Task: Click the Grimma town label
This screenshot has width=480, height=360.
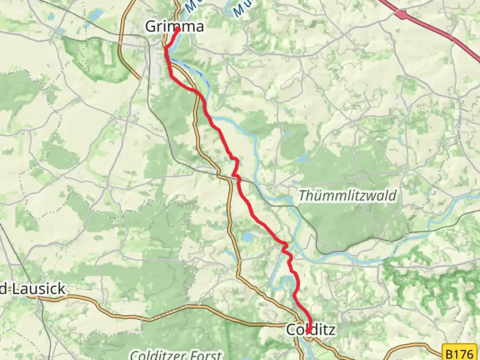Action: point(174,27)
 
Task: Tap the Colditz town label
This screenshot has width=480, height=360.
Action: point(311,330)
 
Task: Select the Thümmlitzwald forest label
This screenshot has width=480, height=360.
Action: point(347,196)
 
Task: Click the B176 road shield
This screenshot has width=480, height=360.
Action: point(460,353)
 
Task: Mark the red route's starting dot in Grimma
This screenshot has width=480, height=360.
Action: point(178,30)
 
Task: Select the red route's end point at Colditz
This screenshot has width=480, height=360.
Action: point(309,331)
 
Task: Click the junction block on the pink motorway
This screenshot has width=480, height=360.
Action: point(402,14)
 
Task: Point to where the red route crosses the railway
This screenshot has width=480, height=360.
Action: point(238,179)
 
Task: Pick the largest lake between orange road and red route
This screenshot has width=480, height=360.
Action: point(247,237)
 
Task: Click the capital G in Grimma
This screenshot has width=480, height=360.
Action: point(151,27)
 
